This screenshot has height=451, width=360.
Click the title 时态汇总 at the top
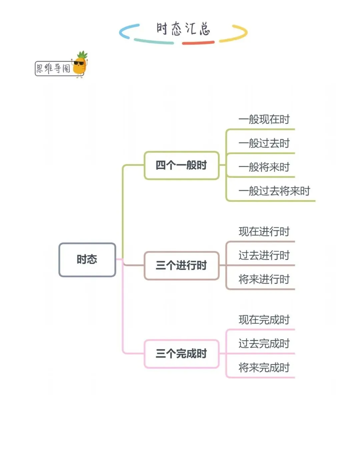(x=183, y=29)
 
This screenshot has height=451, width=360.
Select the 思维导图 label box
(x=53, y=68)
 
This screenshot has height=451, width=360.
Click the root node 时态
(x=87, y=260)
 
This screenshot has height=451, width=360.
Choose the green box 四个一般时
(x=181, y=165)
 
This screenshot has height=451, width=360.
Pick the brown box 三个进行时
(x=181, y=266)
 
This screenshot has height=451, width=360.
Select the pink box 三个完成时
(x=181, y=354)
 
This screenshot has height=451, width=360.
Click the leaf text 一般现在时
(x=264, y=119)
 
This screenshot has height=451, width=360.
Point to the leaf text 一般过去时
(x=264, y=143)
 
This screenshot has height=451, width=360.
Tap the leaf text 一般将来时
(x=264, y=167)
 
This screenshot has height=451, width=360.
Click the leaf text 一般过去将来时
(x=274, y=191)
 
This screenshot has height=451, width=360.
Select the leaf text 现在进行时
(x=264, y=231)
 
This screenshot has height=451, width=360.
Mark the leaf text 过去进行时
(x=264, y=255)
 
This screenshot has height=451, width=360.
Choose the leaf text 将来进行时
(x=264, y=279)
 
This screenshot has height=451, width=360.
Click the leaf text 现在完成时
(x=264, y=320)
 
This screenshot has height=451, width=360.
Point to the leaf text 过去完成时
(x=264, y=344)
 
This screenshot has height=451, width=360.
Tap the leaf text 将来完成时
(x=264, y=368)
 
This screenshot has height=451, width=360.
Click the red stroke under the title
(x=198, y=43)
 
